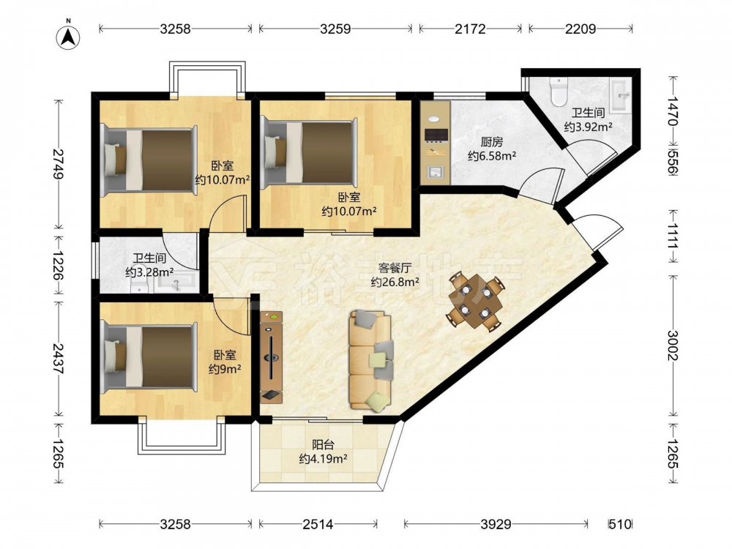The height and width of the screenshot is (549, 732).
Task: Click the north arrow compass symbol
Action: (68, 37)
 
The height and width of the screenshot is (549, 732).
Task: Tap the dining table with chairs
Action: (476, 301)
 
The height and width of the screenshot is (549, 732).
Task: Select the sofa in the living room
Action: (371, 362)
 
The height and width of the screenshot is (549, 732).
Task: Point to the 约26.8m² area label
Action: (395, 282)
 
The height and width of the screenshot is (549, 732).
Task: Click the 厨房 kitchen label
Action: (492, 142)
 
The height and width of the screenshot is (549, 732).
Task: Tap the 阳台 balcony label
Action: (323, 444)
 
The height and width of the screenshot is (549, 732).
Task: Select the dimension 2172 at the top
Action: (470, 29)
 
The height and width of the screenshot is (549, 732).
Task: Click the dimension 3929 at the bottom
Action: (496, 525)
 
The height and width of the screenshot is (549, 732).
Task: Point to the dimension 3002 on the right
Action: (673, 346)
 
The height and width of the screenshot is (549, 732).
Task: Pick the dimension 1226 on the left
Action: (59, 266)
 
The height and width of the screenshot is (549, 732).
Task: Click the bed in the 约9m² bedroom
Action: (148, 356)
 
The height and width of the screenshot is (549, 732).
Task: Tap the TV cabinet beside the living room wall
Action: (272, 356)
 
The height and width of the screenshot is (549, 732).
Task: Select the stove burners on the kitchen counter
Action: (436, 135)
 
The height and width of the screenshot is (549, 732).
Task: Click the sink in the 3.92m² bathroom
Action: (620, 96)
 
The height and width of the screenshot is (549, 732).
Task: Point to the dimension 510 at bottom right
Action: (619, 525)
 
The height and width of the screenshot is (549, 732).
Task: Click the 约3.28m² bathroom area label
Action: (149, 272)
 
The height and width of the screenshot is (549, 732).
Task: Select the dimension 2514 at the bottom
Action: (318, 525)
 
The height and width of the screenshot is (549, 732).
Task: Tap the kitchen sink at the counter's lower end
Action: (436, 172)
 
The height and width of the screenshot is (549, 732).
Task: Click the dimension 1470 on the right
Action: (673, 111)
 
